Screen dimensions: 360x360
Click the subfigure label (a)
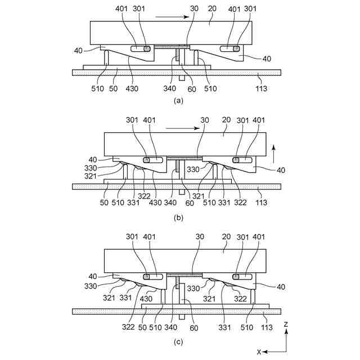[179, 101]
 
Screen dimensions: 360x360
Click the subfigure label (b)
[179, 216]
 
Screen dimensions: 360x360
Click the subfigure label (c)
[179, 341]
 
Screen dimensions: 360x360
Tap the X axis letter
[259, 352]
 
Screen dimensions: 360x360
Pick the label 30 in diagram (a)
[194, 9]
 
